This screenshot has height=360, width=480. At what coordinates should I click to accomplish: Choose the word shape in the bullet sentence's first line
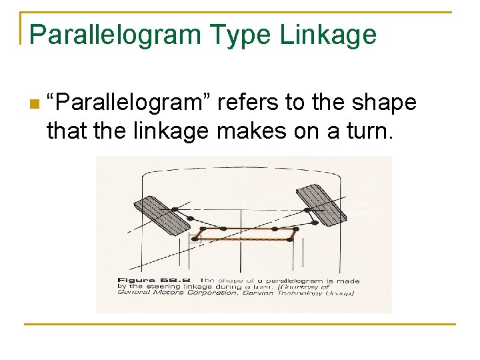385,103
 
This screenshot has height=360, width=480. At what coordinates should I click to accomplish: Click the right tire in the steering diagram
321,203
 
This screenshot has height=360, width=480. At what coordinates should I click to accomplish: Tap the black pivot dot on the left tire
175,209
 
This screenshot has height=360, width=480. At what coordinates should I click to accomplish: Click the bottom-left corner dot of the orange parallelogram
196,239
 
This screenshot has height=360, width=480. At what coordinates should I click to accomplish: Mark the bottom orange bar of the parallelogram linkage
243,239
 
